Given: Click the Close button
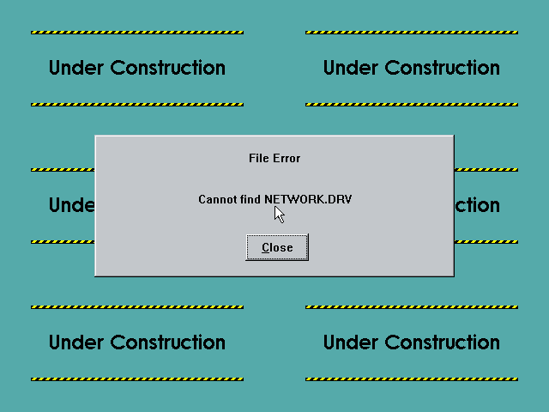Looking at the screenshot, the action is coord(277,247).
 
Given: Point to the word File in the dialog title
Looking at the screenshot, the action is coord(259,158).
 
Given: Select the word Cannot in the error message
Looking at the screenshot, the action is coord(217,199).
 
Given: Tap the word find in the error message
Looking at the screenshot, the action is coord(250,199).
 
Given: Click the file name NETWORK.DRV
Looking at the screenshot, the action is coord(308,199).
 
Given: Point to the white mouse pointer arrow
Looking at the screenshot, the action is coord(279,215).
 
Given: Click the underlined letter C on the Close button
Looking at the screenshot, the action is coord(266,248).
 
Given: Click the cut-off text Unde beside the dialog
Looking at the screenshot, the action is coord(72,205).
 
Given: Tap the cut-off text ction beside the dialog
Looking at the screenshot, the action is coord(477,205).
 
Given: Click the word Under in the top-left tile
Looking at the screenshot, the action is coord(76,68).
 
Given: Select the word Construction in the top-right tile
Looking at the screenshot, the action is coord(443,68).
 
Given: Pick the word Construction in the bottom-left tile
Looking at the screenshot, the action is coord(168,342).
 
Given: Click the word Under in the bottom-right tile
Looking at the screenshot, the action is coord(351,342).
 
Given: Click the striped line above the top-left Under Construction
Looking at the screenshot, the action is coord(137,33).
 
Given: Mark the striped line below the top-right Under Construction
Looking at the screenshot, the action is coord(412,105).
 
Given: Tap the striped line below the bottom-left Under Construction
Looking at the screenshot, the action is coord(137,379).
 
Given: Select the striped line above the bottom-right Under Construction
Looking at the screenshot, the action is coord(412,307).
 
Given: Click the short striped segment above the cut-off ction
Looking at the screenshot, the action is coord(486,170).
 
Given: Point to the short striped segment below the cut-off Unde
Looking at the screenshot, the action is coord(63,242).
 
